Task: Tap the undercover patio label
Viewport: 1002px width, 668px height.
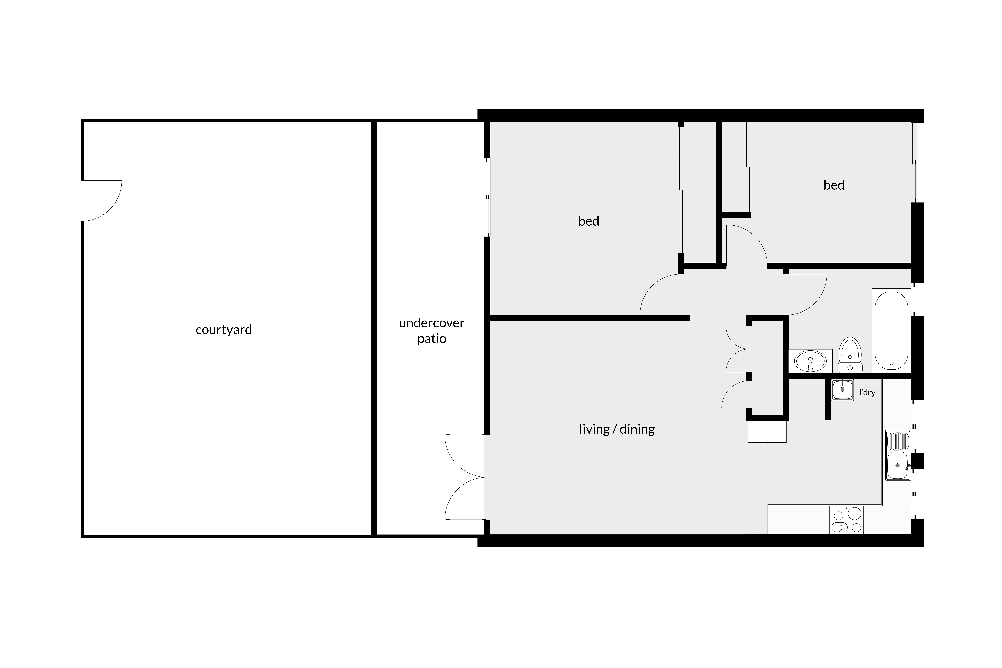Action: tap(432, 331)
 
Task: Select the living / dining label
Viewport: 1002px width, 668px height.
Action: tap(617, 429)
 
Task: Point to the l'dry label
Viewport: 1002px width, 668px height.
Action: tap(867, 392)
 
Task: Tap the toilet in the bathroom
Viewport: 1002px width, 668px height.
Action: tap(850, 355)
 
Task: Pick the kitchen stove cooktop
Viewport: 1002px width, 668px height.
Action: tap(846, 520)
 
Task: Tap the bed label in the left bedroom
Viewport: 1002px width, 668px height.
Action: tap(589, 221)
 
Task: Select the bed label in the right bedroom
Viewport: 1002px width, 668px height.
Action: tap(834, 185)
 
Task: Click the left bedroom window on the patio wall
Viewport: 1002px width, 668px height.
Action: tap(487, 197)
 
